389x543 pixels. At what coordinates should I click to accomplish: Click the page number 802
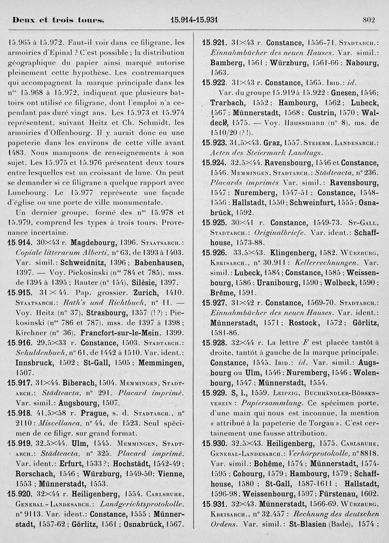tap(369, 20)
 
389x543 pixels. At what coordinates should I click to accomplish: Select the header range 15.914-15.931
tap(194, 20)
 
